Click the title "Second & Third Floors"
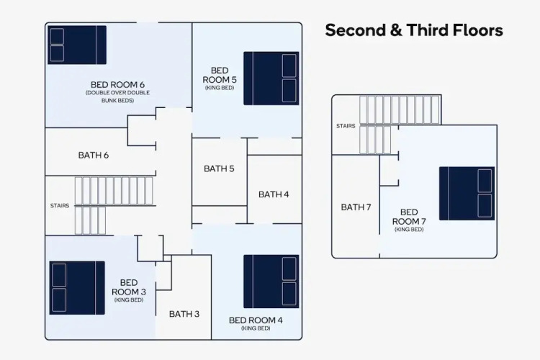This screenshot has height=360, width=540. coord(414,30)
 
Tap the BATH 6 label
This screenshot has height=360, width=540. coord(94,156)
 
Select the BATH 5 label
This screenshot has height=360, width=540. coord(219,168)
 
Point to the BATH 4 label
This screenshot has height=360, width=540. coord(274,194)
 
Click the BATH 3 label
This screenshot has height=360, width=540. coord(184,314)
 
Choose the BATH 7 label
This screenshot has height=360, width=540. coord(356,207)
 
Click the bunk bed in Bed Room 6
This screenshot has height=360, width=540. coord(77,45)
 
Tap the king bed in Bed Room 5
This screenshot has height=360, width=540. coord(271,78)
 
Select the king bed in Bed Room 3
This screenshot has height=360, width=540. coord(77,288)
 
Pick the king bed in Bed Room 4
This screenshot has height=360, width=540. coord(271,282)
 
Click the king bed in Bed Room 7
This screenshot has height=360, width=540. coord(467,194)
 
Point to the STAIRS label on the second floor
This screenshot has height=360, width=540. coord(60,206)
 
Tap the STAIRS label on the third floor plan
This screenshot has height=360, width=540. coord(346,126)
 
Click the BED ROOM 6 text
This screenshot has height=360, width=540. coord(117,85)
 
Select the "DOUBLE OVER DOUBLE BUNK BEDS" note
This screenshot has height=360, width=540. coord(117,96)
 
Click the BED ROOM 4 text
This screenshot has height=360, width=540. coord(256,320)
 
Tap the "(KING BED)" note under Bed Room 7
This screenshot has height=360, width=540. coord(409,230)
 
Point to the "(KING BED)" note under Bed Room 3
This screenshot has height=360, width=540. coord(129,300)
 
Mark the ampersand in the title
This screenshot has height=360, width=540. coord(396,30)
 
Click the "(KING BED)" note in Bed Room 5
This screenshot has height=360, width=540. coord(220,88)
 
